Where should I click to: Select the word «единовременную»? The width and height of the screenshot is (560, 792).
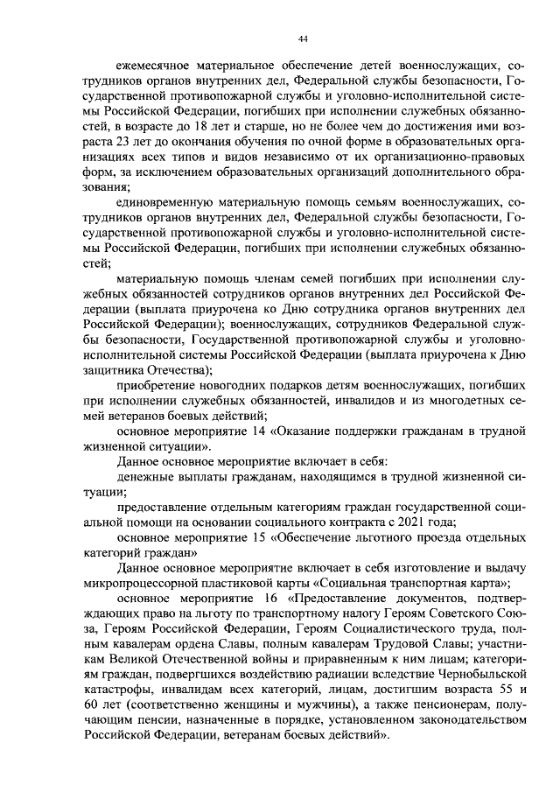click(164, 200)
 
